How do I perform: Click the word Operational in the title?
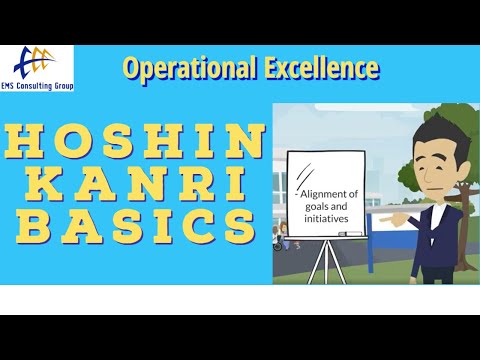point(182,68)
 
